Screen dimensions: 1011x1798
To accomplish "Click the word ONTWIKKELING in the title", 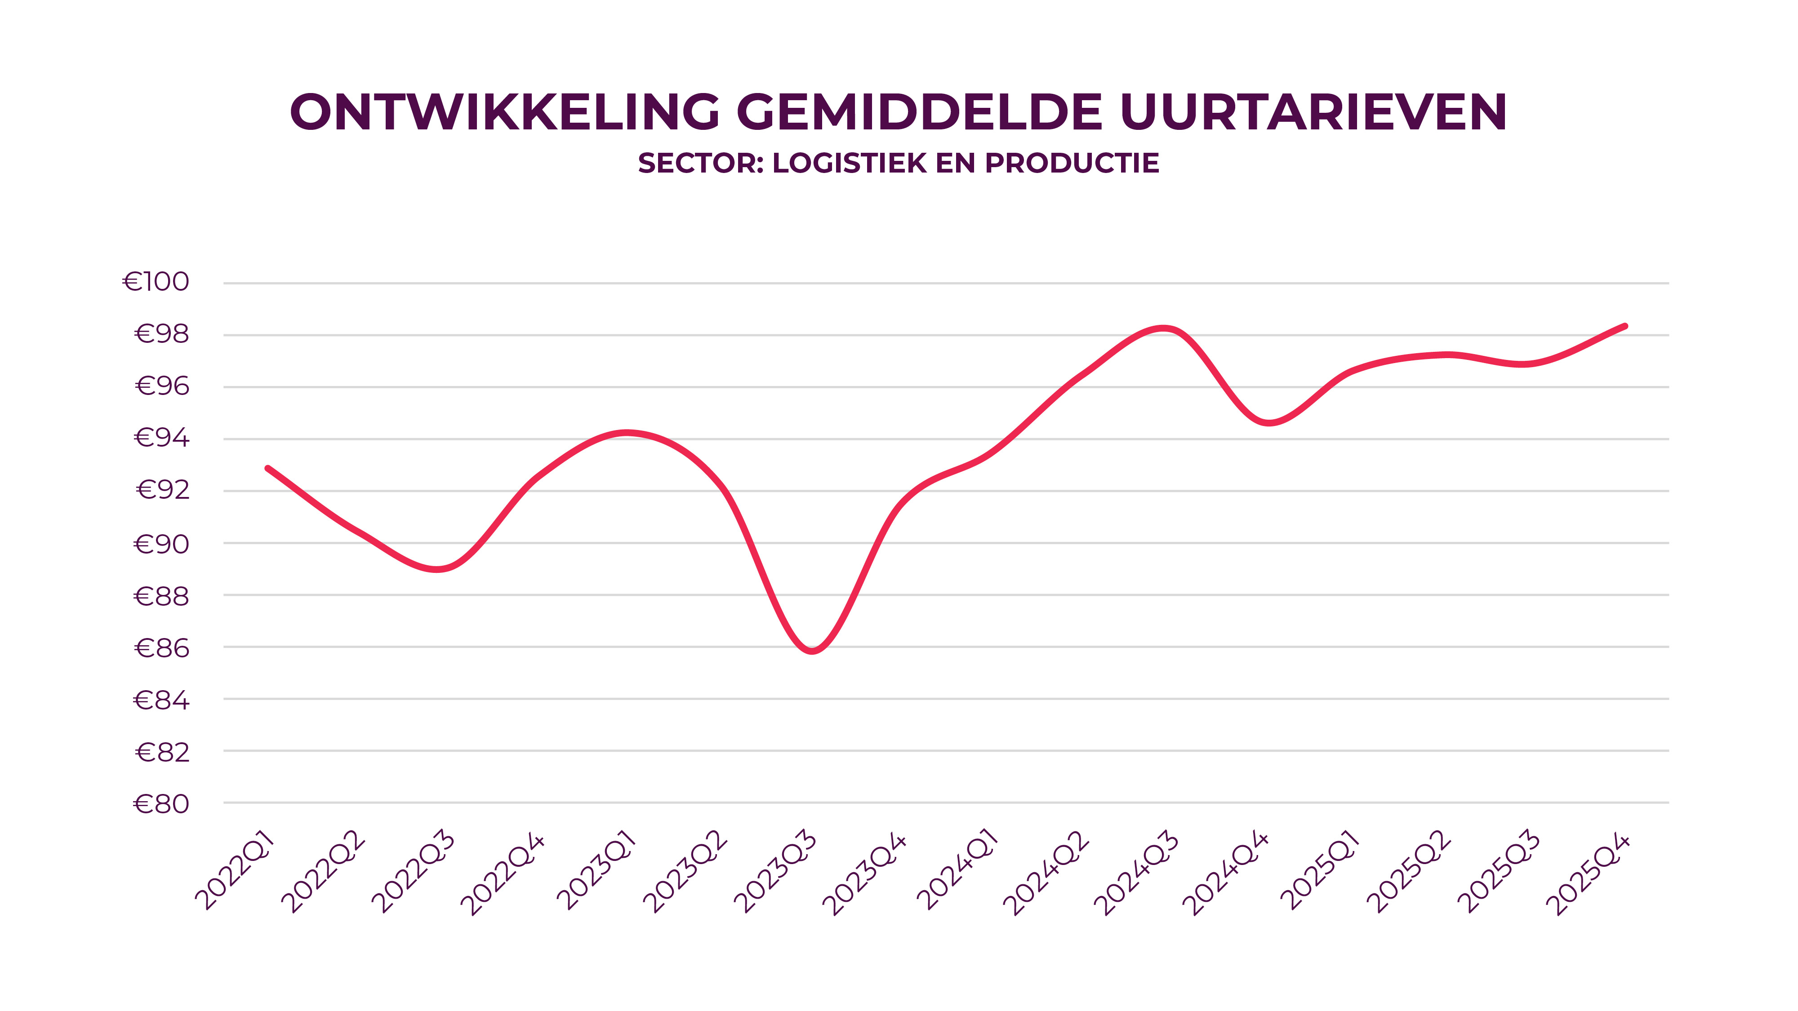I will click(x=505, y=111).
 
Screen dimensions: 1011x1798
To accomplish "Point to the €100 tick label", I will click(x=156, y=282).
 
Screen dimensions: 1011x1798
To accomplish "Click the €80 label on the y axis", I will click(x=161, y=804).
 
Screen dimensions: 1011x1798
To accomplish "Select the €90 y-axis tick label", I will click(x=161, y=544).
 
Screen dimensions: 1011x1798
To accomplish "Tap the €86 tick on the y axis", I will click(x=161, y=649).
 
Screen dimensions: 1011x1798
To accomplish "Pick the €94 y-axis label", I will click(x=161, y=438).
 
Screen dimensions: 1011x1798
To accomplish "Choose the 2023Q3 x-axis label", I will click(x=775, y=872).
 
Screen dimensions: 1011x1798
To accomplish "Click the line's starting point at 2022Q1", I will click(x=268, y=468).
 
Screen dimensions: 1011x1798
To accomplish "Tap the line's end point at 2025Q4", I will click(x=1625, y=326).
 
